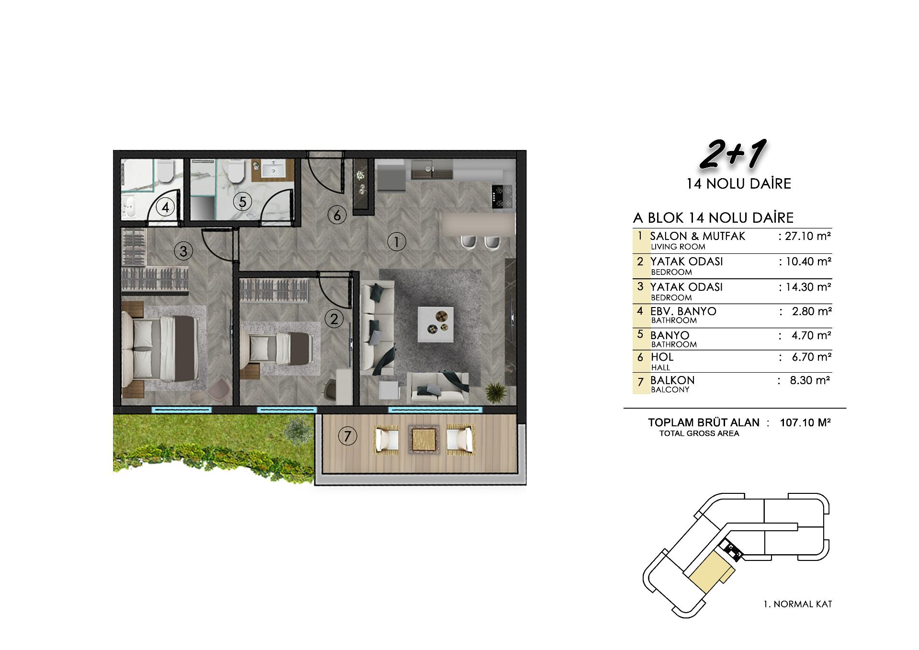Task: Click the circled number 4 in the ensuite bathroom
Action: pos(165,208)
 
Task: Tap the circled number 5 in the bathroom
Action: pos(242,202)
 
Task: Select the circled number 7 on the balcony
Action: pos(348,436)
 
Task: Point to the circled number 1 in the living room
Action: pos(397,242)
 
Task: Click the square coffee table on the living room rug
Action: pos(436,324)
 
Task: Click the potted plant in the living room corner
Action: pos(496,392)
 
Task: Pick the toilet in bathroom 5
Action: pos(236,171)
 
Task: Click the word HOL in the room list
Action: pos(662,357)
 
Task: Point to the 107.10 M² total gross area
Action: pos(805,422)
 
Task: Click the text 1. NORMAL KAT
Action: pos(797,604)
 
